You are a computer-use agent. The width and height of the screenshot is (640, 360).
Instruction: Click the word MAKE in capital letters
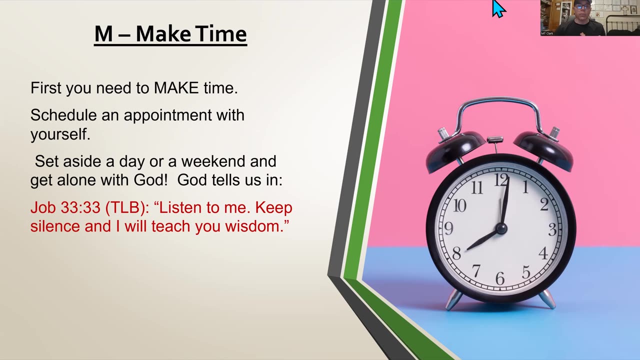pos(176,87)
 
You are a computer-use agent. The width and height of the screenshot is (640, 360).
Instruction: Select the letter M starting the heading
pos(103,34)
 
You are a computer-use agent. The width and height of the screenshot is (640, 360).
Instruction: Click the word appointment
pos(167,115)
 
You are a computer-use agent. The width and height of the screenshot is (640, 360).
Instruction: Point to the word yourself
pos(60,134)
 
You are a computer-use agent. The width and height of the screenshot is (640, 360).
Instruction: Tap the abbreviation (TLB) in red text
pos(127,207)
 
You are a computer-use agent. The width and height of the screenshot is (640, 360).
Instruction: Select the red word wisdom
pos(257,226)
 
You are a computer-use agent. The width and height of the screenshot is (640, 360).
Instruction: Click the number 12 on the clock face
pos(501,180)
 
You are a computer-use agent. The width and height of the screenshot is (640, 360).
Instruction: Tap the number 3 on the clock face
pos(552,229)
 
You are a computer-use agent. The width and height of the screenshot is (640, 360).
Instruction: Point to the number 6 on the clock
pos(500,278)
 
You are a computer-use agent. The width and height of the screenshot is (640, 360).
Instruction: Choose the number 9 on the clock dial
pos(449,228)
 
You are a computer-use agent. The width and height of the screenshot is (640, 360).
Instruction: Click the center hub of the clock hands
pos(501,228)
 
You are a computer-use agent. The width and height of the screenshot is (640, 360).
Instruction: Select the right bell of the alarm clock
pos(543,148)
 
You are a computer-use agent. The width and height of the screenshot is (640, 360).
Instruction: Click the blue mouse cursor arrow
pos(498,8)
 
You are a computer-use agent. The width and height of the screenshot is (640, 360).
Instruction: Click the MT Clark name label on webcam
pos(547,33)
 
